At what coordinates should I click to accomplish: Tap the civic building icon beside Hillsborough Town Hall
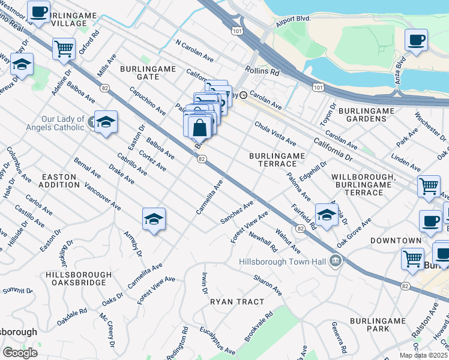pos(335,260)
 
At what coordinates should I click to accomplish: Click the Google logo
pos(20,353)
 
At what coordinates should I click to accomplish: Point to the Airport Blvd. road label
pos(293,19)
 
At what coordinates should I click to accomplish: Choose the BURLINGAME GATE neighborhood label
pos(148,74)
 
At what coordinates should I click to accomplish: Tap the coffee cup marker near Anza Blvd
pos(416,41)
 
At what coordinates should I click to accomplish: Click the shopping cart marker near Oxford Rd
pos(64,49)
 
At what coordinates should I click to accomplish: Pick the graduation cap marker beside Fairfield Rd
pos(326,215)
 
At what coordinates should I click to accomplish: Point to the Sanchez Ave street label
pos(237,212)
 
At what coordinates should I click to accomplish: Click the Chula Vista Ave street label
pos(275,134)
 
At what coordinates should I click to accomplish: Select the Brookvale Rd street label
pos(259,326)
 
